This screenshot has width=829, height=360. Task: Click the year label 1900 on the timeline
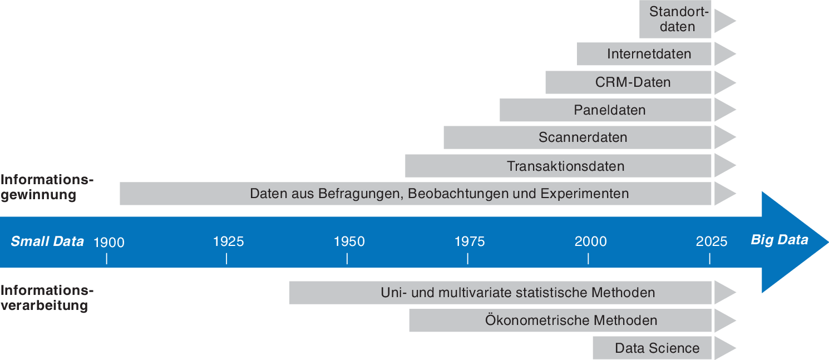(109, 242)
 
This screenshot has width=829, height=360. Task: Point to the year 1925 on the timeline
(229, 241)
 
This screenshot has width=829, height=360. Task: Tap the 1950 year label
(349, 241)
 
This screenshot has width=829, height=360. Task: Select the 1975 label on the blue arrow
(470, 241)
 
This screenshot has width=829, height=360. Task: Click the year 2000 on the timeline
(591, 241)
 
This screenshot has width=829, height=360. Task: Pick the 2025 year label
(712, 241)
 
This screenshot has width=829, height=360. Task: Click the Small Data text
(47, 241)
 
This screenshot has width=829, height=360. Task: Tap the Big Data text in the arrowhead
(779, 240)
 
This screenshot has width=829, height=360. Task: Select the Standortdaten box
(675, 19)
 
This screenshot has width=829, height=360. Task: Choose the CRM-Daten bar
(633, 82)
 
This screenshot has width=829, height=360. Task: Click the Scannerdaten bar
(583, 137)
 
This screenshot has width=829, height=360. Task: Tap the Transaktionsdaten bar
(565, 166)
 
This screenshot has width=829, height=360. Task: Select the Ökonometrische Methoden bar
(571, 320)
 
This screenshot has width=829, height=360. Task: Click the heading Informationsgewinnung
(47, 188)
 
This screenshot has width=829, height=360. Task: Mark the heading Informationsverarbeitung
(47, 298)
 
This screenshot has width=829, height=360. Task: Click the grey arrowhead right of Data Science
(724, 348)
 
